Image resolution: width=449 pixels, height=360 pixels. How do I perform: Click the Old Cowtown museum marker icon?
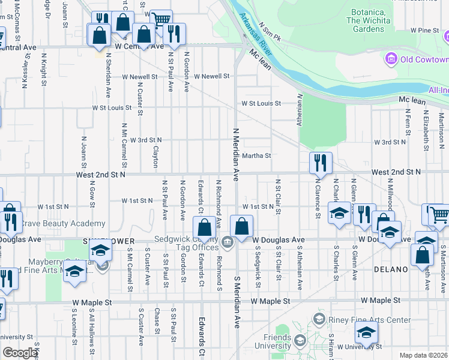click(391, 59)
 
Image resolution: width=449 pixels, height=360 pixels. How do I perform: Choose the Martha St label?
click(257, 155)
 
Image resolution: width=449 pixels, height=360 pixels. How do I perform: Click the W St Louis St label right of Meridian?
click(261, 103)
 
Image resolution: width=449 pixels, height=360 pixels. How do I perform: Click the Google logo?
click(20, 353)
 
